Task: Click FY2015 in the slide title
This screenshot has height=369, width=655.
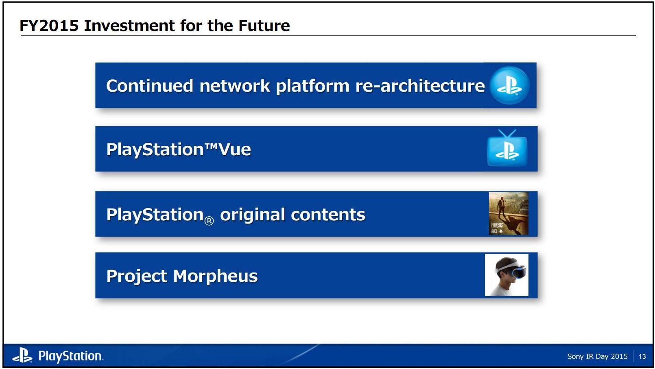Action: click(49, 26)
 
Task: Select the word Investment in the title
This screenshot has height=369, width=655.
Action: click(129, 26)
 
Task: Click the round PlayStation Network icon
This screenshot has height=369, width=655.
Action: click(509, 86)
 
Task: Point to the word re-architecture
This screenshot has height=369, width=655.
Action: click(420, 86)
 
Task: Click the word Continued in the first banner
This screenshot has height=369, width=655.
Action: click(149, 86)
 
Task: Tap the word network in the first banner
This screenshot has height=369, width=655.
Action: click(234, 86)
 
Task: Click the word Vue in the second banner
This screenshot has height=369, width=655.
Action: click(235, 149)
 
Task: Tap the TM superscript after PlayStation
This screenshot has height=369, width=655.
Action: click(211, 145)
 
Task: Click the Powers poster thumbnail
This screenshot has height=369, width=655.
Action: click(509, 214)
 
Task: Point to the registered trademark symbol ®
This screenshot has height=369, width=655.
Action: click(209, 221)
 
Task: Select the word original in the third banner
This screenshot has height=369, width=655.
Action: click(252, 215)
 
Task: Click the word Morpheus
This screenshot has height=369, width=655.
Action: click(215, 276)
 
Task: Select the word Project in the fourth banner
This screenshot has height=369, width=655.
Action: click(136, 276)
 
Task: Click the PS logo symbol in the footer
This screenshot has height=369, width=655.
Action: click(22, 355)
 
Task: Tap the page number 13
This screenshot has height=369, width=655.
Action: click(642, 356)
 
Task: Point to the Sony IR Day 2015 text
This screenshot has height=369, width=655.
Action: click(597, 356)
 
